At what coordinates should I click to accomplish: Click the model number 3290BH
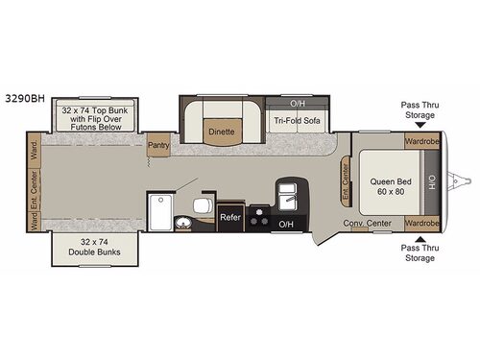click(x=27, y=97)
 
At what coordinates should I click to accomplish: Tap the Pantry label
click(x=158, y=146)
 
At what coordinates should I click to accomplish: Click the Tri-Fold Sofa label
click(x=298, y=121)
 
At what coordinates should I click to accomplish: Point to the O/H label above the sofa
click(x=298, y=101)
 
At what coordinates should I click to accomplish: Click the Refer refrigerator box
click(x=230, y=217)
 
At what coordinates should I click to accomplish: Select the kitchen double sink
click(x=287, y=196)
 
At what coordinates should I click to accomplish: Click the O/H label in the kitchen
click(x=286, y=224)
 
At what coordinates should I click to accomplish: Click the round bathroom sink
click(x=182, y=224)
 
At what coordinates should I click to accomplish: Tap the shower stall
click(x=159, y=211)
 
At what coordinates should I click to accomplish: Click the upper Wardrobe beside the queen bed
click(x=420, y=141)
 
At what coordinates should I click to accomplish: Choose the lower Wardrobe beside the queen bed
click(x=420, y=224)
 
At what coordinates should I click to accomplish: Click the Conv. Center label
click(x=367, y=224)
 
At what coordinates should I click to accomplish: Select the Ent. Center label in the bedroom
click(x=345, y=178)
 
